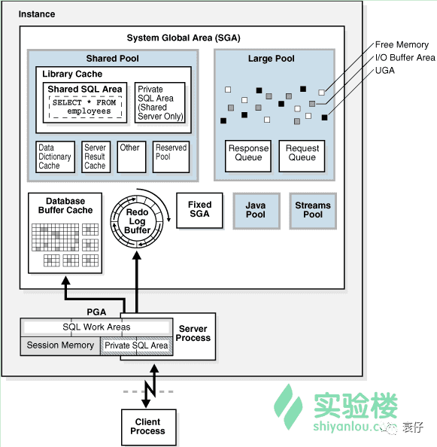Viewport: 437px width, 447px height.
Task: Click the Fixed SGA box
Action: tap(199, 211)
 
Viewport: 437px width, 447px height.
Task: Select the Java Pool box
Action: tap(256, 211)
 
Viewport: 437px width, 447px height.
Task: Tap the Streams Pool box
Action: tap(313, 211)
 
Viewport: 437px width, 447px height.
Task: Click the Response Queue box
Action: tap(248, 156)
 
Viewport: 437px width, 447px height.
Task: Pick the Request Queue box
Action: tap(302, 156)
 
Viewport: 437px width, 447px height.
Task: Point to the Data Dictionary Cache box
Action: tap(55, 157)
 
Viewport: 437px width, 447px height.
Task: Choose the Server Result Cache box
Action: tap(96, 157)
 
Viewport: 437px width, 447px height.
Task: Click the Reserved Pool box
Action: tap(171, 157)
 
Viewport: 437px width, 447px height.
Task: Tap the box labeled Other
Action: tap(132, 157)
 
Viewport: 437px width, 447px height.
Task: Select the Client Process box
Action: tap(149, 427)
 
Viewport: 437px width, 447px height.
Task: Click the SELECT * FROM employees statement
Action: tap(85, 107)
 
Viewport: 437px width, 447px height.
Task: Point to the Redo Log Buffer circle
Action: tap(137, 221)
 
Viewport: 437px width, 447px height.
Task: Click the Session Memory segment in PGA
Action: tap(60, 346)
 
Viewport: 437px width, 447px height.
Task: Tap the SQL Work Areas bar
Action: tap(96, 327)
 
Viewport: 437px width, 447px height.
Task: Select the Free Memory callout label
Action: tap(402, 44)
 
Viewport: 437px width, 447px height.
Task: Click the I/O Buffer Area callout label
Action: tap(405, 58)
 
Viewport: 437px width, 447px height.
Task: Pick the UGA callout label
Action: tap(385, 71)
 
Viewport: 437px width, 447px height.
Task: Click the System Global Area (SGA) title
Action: tap(184, 38)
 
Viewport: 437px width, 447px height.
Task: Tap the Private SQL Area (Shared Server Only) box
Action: tap(159, 103)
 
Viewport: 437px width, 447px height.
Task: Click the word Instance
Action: tap(37, 14)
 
